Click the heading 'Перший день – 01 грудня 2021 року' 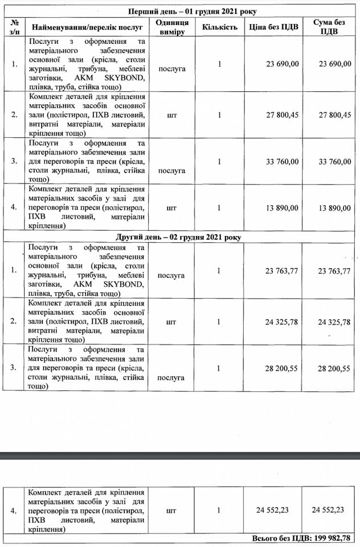pyautogui.click(x=192, y=11)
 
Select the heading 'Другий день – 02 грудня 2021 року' pyautogui.click(x=192, y=236)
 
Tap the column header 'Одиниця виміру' pyautogui.click(x=171, y=27)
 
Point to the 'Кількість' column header pyautogui.click(x=219, y=27)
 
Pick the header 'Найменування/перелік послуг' pyautogui.click(x=87, y=27)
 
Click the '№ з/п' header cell pyautogui.click(x=14, y=27)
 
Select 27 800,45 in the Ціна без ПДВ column pyautogui.click(x=282, y=115)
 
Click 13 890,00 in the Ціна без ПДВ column pyautogui.click(x=282, y=209)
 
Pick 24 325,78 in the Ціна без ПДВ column pyautogui.click(x=281, y=322)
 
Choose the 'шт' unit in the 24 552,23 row pyautogui.click(x=171, y=511)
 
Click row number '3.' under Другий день pyautogui.click(x=14, y=368)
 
